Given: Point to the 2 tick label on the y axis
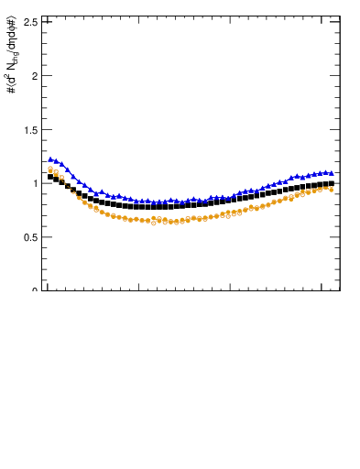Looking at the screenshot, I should (35, 76).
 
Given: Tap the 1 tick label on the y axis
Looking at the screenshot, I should (35, 183).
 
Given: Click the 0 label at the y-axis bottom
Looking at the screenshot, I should (35, 289).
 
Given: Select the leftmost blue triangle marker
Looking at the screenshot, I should (51, 159).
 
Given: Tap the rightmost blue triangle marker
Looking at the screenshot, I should (331, 172).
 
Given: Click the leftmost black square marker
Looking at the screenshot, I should (51, 176).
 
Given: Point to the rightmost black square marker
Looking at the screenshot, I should (331, 183).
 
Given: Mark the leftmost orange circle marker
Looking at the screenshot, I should (51, 169).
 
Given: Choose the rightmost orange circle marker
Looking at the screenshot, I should (331, 189).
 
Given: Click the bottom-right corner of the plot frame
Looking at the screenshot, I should (340, 290).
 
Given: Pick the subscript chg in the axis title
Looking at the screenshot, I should (15, 56).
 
